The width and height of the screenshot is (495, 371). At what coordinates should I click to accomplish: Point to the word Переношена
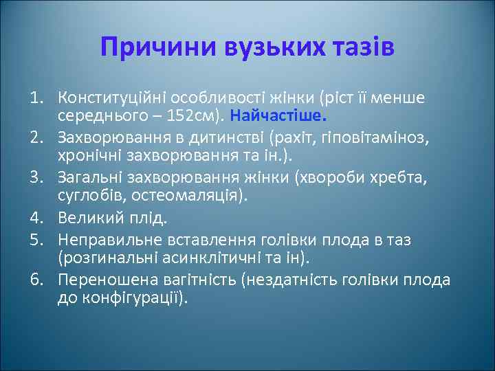(100, 280)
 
